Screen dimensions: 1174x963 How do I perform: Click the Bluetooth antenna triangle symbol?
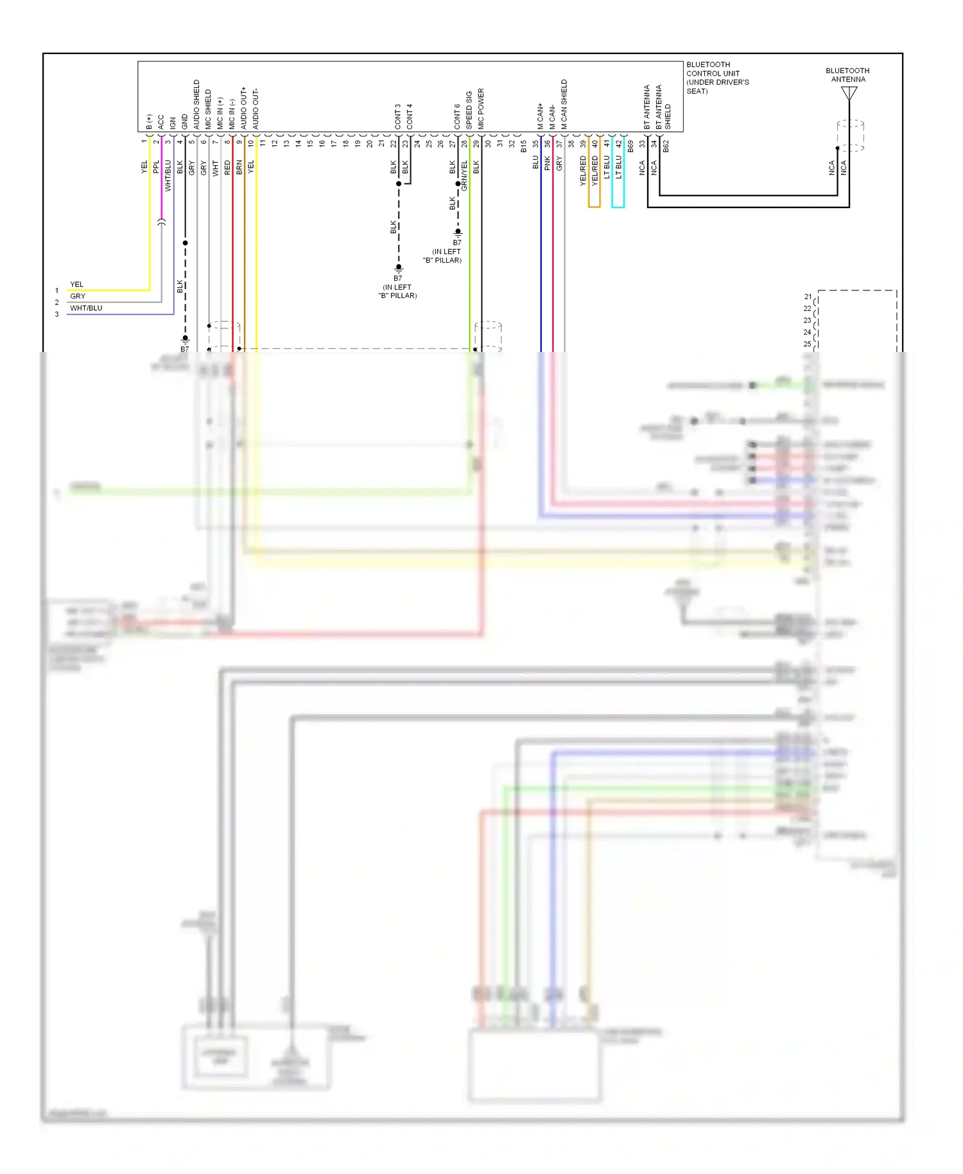tap(849, 94)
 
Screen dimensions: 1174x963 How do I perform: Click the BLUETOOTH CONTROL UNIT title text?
tap(717, 78)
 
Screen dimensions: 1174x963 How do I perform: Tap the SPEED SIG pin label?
tap(469, 110)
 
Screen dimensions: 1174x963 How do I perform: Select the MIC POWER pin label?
tap(481, 109)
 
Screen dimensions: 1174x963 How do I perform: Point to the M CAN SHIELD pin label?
tap(564, 104)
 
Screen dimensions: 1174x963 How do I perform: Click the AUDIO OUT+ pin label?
tap(244, 108)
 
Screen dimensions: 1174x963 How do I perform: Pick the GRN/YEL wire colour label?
tap(464, 175)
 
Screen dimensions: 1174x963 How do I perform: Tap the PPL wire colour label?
tap(156, 167)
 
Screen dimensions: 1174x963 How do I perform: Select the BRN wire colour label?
tap(239, 167)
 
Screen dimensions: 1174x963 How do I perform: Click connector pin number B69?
tap(630, 146)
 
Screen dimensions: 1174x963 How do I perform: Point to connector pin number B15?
tap(524, 146)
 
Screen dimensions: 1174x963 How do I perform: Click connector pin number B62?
tap(666, 146)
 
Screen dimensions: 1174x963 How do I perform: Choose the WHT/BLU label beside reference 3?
tap(86, 308)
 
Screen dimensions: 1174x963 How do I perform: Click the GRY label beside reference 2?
tap(78, 296)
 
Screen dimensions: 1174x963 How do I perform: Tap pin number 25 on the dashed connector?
tap(807, 344)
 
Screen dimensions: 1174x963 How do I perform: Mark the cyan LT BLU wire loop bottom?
tap(618, 207)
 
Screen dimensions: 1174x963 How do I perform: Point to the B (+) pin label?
tap(149, 122)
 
